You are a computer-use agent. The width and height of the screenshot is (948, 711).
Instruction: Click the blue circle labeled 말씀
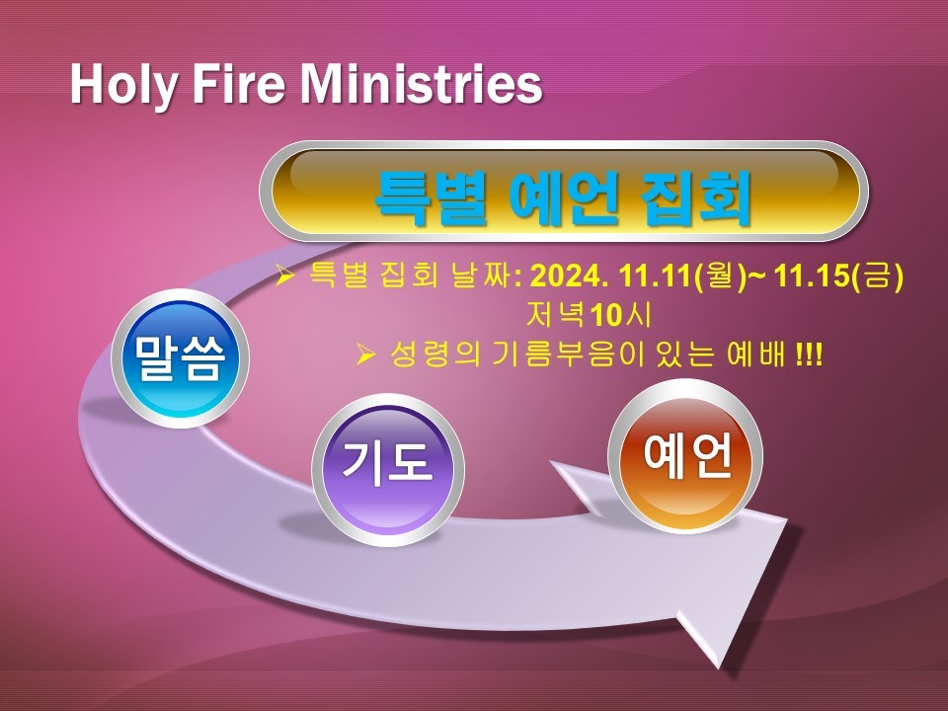click(180, 358)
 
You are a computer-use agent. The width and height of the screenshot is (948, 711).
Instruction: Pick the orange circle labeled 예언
click(685, 456)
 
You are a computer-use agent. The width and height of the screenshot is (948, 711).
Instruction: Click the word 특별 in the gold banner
click(432, 197)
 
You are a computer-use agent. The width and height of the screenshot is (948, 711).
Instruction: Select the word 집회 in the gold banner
click(695, 197)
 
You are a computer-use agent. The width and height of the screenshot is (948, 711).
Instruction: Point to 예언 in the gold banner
click(564, 197)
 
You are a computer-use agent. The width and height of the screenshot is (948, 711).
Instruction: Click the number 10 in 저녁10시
click(606, 315)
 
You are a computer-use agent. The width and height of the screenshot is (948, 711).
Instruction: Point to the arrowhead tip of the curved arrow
click(718, 669)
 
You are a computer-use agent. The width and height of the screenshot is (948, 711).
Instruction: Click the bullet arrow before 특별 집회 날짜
click(284, 276)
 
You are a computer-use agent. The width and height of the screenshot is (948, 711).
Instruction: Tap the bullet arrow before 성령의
click(366, 355)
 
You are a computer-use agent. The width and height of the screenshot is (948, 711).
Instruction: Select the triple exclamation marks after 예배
click(809, 355)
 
